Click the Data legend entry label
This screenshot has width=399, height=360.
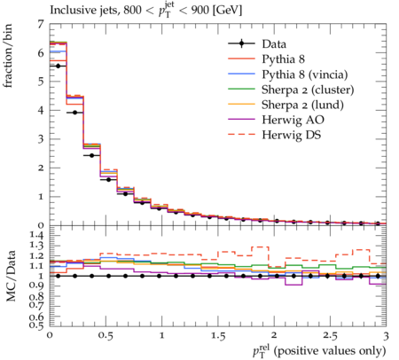click(274, 44)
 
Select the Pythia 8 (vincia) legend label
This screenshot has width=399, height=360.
click(305, 74)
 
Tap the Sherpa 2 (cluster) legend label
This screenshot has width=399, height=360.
click(308, 90)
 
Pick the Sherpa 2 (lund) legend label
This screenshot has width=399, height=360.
click(302, 105)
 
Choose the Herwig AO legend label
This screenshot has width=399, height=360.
click(293, 120)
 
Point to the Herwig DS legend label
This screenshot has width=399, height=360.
click(292, 135)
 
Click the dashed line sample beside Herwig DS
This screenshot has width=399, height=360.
click(241, 135)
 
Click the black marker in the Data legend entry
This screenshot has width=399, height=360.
click(241, 43)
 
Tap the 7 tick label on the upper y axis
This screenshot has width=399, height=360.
click(41, 24)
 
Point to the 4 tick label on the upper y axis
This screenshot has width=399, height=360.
click(41, 110)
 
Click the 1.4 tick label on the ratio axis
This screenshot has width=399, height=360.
click(36, 236)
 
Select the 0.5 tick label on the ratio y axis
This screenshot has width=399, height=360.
click(36, 325)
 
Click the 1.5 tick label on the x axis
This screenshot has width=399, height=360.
click(218, 336)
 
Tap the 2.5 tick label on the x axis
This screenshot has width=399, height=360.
click(330, 336)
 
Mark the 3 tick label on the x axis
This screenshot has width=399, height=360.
click(386, 336)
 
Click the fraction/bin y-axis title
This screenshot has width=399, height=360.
click(8, 55)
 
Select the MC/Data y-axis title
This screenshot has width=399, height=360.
click(11, 276)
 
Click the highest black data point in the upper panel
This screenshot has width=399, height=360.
click(58, 66)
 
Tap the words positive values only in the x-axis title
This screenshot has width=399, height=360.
click(330, 351)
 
